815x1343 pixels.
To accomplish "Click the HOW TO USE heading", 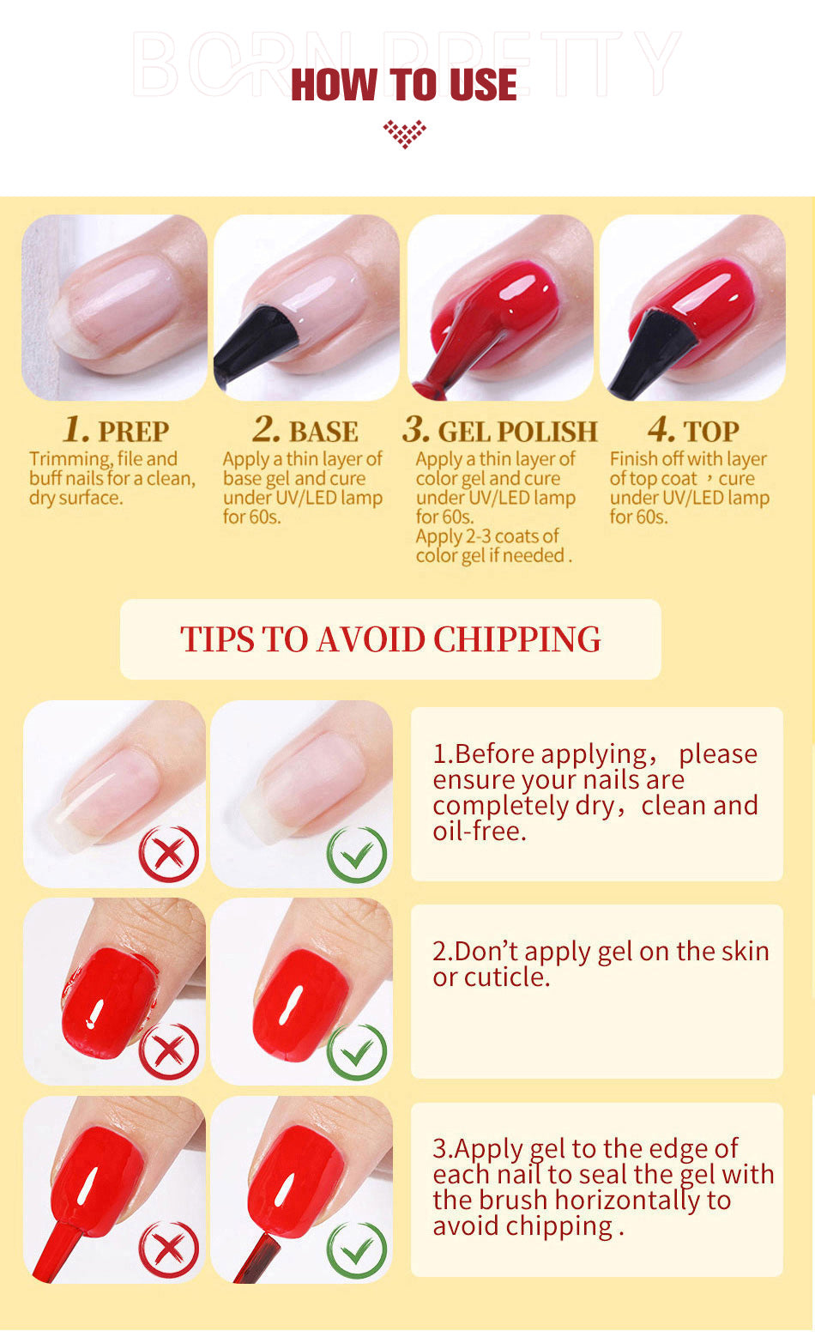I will (x=404, y=85).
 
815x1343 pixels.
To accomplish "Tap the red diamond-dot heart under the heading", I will (x=404, y=133).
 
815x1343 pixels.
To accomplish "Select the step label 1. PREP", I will (x=116, y=430).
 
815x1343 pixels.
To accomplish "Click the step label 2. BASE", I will (x=305, y=430).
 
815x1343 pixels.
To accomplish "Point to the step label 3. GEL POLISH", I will (x=500, y=430).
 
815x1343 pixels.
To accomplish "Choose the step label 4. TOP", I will (x=692, y=430).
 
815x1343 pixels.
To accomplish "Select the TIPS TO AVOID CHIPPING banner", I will (x=390, y=639).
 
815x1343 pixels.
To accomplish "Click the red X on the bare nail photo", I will (x=169, y=853).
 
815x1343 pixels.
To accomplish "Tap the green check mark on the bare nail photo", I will (x=357, y=853).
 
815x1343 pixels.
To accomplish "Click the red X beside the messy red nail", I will (x=169, y=1050).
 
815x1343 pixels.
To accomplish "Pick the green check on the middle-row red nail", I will (x=357, y=1050).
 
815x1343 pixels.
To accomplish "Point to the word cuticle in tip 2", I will (x=506, y=977).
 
